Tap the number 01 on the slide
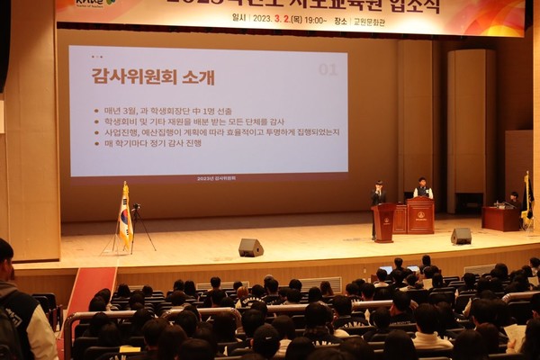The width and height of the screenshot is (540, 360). point(328,69)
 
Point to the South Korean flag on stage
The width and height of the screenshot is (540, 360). point(125,217)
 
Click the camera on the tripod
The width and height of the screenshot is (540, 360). point(136,208)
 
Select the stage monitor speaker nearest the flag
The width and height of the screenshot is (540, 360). point(250,247)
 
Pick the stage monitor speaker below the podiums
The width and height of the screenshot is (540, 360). point(461,236)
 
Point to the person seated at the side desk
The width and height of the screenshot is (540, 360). point(514,200)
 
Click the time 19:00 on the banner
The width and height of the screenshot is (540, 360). point(315,18)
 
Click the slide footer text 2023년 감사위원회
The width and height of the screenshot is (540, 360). point(216,178)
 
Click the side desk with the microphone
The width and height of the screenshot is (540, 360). point(500,219)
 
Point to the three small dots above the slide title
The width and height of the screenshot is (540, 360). point(96,57)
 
